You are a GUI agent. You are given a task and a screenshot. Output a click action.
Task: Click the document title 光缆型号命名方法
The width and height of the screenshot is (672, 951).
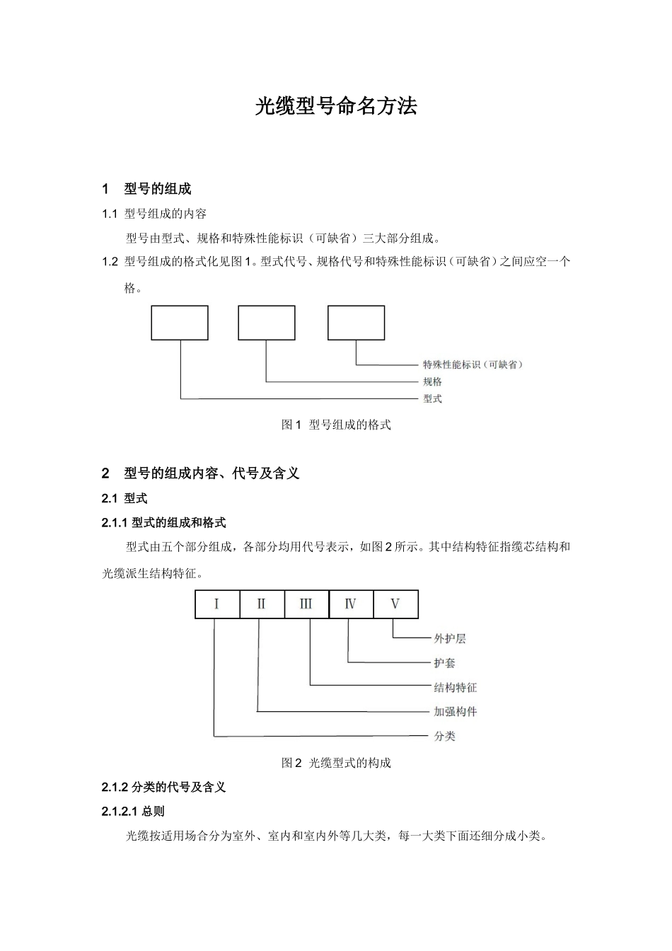point(336,106)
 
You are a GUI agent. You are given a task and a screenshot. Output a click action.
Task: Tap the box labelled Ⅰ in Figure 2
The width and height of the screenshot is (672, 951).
point(216,604)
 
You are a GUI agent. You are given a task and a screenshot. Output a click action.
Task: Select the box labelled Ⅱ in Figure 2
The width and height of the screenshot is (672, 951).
point(262,604)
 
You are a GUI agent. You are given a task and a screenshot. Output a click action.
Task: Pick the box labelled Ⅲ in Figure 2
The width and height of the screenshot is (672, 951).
point(306,604)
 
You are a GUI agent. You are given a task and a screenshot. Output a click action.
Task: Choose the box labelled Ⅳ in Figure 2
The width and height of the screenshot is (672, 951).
point(351,604)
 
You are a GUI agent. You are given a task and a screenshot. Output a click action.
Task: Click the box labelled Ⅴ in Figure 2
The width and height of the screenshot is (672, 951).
point(395,604)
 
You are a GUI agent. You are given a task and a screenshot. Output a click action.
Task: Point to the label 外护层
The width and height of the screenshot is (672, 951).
point(449,639)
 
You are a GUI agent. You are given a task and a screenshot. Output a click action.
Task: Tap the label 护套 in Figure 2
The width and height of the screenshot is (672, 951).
point(444,663)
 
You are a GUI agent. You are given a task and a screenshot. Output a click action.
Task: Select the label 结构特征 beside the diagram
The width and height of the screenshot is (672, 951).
point(455,688)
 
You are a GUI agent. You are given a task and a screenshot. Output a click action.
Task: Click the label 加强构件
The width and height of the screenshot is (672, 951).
point(455,712)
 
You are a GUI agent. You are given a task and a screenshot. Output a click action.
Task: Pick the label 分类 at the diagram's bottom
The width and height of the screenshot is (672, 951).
point(444,737)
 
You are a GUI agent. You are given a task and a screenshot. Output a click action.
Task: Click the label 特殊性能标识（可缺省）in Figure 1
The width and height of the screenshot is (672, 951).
point(473,365)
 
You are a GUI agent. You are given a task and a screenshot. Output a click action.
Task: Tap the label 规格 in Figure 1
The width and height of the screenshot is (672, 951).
point(432,382)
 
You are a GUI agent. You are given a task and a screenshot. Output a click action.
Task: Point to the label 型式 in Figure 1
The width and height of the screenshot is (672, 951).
point(432,399)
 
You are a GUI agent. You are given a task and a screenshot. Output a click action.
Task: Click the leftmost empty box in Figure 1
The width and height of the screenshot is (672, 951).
point(180,323)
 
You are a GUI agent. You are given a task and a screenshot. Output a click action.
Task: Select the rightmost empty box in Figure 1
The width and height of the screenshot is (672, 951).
point(356,323)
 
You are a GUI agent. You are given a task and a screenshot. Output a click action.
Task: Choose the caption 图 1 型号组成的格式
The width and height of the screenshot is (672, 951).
point(336,425)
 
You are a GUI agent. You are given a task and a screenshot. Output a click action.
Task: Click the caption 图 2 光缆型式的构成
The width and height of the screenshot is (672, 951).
point(336,763)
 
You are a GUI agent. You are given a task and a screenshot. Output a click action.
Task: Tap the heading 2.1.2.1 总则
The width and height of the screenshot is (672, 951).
point(133,812)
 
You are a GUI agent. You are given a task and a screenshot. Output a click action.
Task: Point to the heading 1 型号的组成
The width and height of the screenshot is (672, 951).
point(146,189)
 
